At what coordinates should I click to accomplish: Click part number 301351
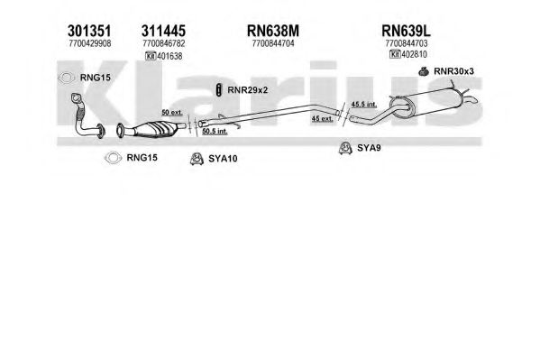click(x=89, y=31)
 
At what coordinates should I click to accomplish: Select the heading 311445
click(x=163, y=31)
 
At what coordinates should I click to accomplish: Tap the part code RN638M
click(x=273, y=31)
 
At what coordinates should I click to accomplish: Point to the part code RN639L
click(x=406, y=31)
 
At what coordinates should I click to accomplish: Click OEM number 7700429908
click(x=90, y=43)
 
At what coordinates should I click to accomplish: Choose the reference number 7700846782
click(x=164, y=43)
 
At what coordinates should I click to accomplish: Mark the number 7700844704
click(x=273, y=43)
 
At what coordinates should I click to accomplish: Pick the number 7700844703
click(x=407, y=43)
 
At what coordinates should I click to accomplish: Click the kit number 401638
click(x=169, y=56)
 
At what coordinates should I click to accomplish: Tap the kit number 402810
click(x=415, y=54)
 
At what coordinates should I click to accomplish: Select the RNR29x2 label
click(x=247, y=90)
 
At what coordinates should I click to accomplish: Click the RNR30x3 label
click(x=453, y=71)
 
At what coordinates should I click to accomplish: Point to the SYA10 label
click(x=223, y=159)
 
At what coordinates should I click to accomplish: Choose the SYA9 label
click(x=369, y=148)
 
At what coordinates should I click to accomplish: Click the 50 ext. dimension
click(x=172, y=113)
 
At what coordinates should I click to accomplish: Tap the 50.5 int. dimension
click(x=215, y=131)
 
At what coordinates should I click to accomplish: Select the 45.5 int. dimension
click(x=364, y=104)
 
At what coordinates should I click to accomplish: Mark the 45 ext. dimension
click(x=323, y=118)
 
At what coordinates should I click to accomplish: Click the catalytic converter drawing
click(x=151, y=129)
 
